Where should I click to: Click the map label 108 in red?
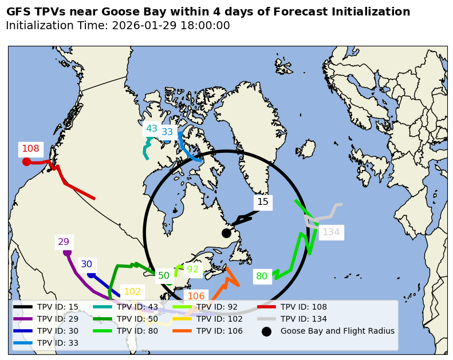[x=30, y=149]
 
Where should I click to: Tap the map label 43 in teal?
[x=151, y=129]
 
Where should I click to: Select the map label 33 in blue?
[x=167, y=132]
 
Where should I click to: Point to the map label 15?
[x=262, y=202]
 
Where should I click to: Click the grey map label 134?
[x=331, y=232]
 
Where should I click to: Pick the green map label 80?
[x=262, y=276]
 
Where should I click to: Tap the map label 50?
[x=164, y=276]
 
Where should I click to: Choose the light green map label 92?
[x=192, y=270]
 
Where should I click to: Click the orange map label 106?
[x=196, y=296]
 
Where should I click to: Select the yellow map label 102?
[x=132, y=292]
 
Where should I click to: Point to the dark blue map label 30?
[x=86, y=264]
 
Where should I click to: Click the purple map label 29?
[x=64, y=242]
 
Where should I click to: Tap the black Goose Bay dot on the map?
[x=226, y=233]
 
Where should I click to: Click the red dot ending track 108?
[x=26, y=161]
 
